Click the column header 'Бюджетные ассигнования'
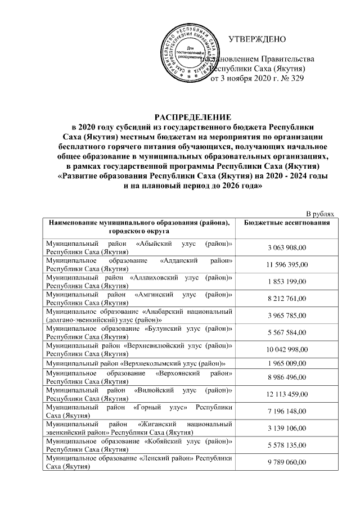click(x=286, y=223)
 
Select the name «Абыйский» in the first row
click(x=155, y=244)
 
